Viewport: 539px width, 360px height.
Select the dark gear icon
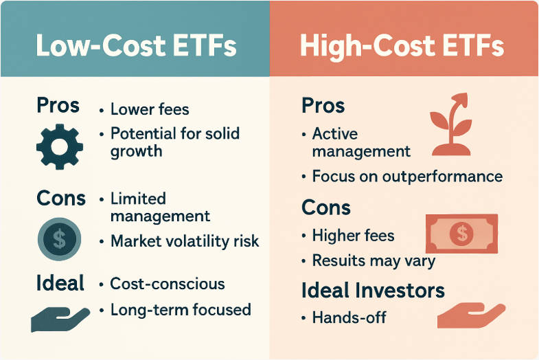click(x=59, y=146)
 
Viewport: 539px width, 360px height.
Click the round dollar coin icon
click(x=59, y=240)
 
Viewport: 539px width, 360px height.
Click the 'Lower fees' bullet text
click(x=149, y=109)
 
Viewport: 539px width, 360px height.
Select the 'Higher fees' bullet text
click(x=353, y=236)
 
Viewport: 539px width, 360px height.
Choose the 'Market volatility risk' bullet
click(x=185, y=241)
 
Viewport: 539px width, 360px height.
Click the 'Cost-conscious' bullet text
click(x=167, y=283)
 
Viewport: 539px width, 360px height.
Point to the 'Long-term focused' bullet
click(x=181, y=310)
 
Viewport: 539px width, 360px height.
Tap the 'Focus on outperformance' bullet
click(x=406, y=176)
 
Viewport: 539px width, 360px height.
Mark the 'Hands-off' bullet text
click(x=349, y=317)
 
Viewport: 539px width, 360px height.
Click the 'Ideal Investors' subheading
click(x=373, y=290)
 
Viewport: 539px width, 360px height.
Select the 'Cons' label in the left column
click(x=60, y=199)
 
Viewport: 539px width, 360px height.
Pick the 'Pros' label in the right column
click(x=323, y=106)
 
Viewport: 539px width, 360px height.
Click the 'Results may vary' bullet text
click(x=374, y=261)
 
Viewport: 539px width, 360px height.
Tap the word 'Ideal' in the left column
click(x=60, y=282)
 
